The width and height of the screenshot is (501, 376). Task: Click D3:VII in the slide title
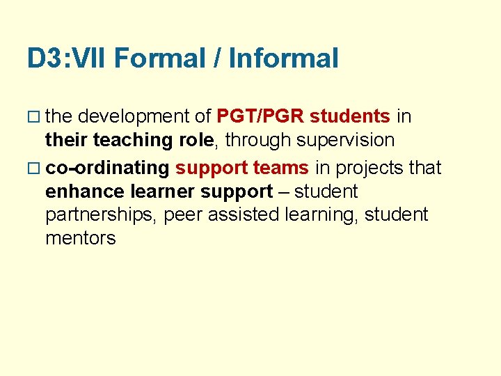pyautogui.click(x=67, y=58)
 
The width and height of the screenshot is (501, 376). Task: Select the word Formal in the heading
pyautogui.click(x=161, y=58)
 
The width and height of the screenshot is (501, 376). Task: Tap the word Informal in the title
pyautogui.click(x=284, y=58)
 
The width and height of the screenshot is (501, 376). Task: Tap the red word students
pyautogui.click(x=350, y=116)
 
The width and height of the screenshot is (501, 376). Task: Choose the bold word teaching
pyautogui.click(x=133, y=141)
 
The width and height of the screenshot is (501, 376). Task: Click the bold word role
pyautogui.click(x=196, y=141)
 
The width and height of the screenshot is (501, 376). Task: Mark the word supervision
pyautogui.click(x=344, y=141)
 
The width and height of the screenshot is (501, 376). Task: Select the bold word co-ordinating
pyautogui.click(x=107, y=168)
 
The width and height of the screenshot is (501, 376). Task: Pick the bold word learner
pyautogui.click(x=164, y=191)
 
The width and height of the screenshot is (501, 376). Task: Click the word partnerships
pyautogui.click(x=101, y=215)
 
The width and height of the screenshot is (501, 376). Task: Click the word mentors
pyautogui.click(x=80, y=238)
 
